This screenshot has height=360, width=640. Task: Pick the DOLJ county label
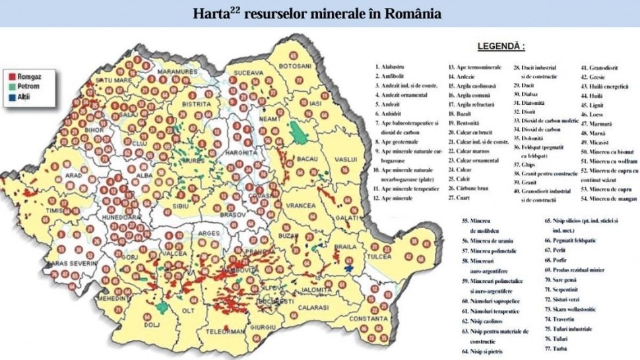(x=152, y=324)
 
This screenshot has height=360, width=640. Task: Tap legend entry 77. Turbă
(x=558, y=347)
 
